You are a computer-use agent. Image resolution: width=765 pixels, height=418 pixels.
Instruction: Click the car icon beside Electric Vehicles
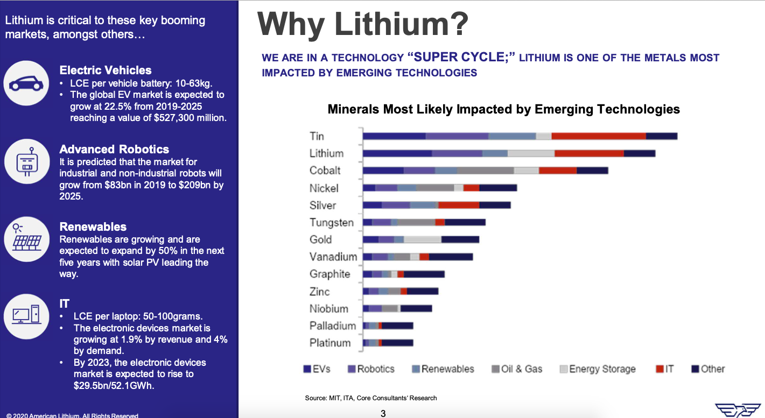26,83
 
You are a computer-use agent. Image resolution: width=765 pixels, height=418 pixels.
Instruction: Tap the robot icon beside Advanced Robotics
26,162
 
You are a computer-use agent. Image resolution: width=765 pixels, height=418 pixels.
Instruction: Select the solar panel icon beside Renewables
26,237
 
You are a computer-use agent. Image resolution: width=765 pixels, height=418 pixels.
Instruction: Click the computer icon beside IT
26,314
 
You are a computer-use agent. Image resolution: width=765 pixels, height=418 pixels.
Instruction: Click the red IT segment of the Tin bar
599,136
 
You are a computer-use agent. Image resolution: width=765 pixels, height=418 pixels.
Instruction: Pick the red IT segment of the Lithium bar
589,153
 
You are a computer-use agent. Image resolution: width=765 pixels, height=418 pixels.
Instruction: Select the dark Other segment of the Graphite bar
424,274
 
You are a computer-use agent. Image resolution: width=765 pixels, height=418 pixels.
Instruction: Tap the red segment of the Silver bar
459,205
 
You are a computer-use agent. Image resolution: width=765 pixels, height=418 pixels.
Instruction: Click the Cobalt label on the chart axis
325,171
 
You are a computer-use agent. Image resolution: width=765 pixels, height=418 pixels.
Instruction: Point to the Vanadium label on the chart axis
333,257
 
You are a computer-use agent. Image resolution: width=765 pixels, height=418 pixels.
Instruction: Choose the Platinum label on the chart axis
330,343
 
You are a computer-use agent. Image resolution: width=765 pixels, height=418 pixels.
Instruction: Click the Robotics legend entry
371,369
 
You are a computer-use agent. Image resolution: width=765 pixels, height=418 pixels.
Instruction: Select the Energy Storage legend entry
598,369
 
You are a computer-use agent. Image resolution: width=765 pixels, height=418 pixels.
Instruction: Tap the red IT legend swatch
659,369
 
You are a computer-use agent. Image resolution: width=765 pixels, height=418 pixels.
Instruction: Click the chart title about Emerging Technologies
504,109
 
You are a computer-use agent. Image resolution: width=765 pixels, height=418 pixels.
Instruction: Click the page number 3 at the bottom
383,414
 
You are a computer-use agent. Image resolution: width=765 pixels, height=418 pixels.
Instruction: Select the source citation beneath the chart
371,398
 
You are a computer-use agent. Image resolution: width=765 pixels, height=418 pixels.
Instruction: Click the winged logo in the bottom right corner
738,410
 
